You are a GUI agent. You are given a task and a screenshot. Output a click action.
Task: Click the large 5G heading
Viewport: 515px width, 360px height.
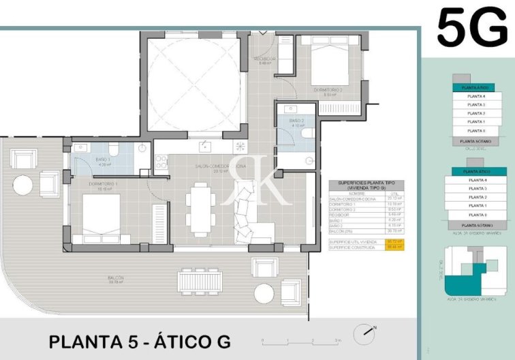(471, 28)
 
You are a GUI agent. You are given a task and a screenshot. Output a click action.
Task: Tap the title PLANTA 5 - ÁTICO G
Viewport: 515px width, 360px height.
(140, 340)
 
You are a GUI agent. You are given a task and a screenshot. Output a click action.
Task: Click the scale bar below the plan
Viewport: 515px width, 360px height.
(300, 339)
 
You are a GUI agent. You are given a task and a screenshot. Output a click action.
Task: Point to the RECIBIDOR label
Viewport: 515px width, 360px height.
(265, 59)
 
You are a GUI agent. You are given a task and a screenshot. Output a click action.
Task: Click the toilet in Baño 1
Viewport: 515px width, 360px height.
(114, 150)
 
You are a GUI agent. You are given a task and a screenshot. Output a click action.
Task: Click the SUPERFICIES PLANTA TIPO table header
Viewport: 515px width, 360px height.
(366, 186)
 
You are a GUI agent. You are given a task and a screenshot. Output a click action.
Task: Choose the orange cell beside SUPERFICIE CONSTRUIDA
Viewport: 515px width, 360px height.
(395, 247)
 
